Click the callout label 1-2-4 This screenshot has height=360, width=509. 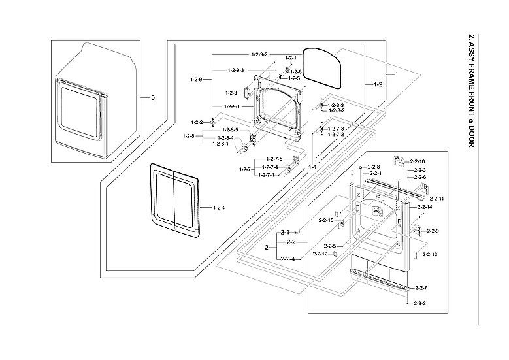point(219,208)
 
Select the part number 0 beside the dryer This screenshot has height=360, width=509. point(153,97)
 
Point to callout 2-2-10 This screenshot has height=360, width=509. point(418,161)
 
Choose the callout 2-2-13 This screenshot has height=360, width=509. point(429,254)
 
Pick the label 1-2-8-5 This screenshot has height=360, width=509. point(228,131)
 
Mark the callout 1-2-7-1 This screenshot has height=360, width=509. point(266,175)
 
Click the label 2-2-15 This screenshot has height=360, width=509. point(326,220)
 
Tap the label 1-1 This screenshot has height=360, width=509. point(313,167)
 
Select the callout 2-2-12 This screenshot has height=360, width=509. point(320,254)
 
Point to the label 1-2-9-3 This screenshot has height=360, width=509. point(236,70)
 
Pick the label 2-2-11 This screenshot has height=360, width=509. point(436,198)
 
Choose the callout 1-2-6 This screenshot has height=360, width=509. point(295,71)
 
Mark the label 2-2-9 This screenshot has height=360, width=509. point(433,231)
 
